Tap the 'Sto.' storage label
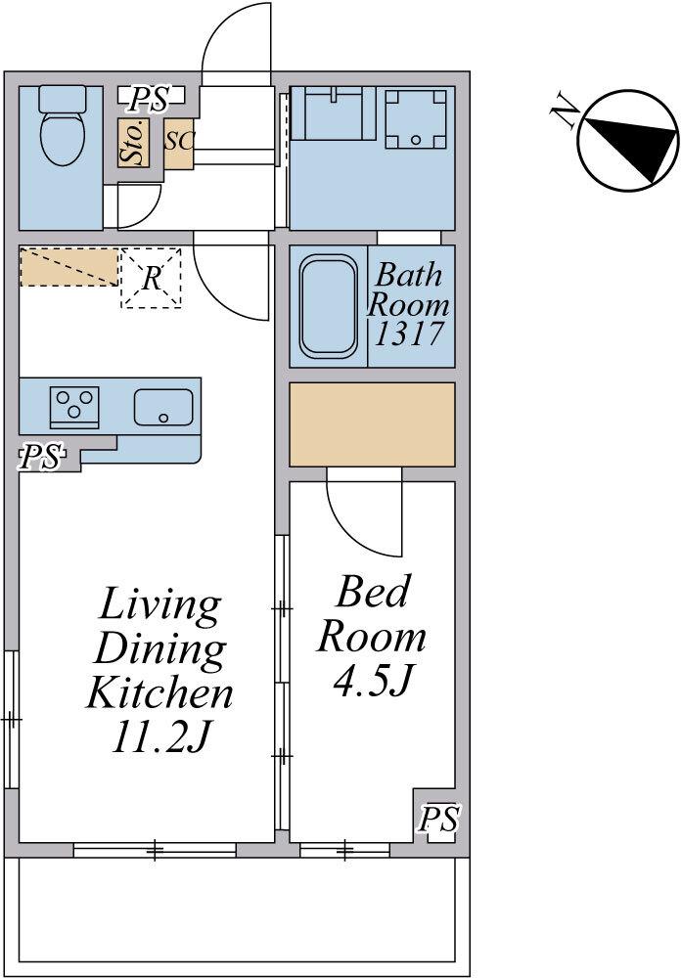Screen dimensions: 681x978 pos(134,142)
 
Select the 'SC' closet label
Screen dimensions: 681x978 pos(179,141)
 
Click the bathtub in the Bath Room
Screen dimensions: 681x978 pos(329,305)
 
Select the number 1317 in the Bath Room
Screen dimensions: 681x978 pos(409,333)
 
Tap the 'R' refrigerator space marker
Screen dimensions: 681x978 pos(151,278)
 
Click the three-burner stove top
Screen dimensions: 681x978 pos(75,407)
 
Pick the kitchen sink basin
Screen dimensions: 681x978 pos(163,407)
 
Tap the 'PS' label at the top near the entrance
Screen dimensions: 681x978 pos(151,99)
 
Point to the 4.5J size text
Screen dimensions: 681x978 pos(371,681)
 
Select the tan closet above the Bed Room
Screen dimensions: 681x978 pos(372,424)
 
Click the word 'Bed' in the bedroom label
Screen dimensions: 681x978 pos(373,592)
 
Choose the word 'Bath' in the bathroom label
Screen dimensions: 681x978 pos(409,275)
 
